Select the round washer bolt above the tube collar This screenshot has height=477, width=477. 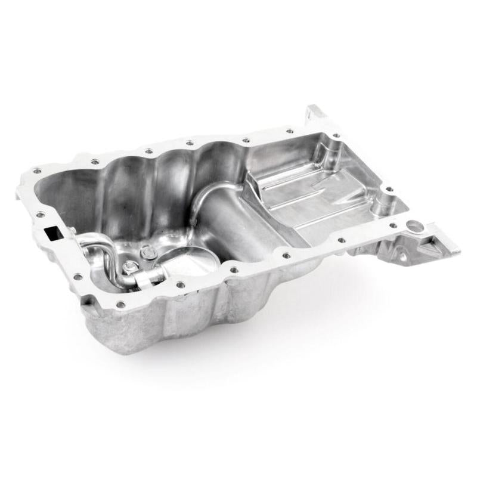click(148, 254)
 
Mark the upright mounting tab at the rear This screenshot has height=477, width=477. click(315, 113)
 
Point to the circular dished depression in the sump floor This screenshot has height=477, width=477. click(179, 262)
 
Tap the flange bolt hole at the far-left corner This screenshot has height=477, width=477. click(37, 171)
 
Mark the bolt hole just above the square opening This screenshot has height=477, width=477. click(41, 214)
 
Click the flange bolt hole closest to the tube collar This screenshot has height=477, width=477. click(179, 285)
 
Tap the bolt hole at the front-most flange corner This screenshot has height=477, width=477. click(121, 305)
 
